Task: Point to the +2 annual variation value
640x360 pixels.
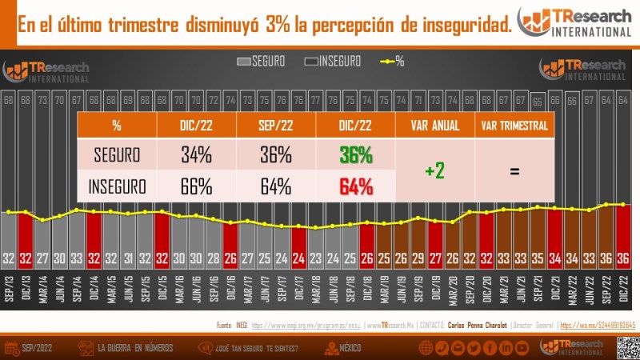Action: (x=434, y=171)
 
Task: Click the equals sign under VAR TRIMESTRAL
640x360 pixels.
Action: (x=514, y=171)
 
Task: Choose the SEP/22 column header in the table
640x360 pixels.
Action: (x=276, y=126)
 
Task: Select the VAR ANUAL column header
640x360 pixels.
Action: (x=434, y=126)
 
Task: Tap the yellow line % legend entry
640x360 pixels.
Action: (x=391, y=61)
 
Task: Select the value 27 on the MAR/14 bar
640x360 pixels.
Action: (x=42, y=258)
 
